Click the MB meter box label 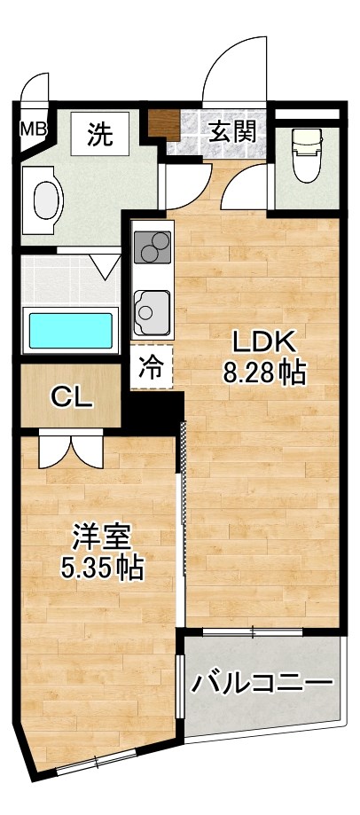[34, 129]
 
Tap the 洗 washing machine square [100, 134]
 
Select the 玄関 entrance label [233, 132]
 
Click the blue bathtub [71, 331]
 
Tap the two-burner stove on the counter [153, 247]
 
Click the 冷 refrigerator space [151, 366]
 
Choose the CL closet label [72, 399]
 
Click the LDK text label [262, 343]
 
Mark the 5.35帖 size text [101, 568]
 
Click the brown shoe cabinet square [163, 125]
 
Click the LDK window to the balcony [252, 632]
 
